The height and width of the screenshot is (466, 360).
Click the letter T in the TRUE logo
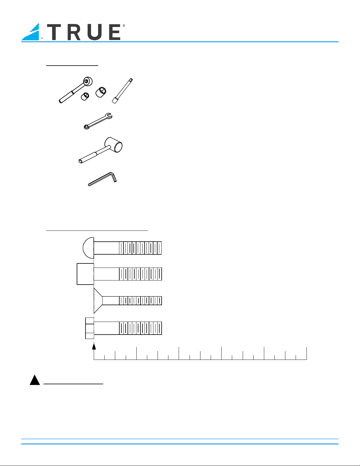click(54, 32)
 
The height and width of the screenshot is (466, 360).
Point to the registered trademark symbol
click(124, 26)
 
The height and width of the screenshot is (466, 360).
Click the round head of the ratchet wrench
click(88, 81)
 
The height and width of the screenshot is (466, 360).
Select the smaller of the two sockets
click(85, 96)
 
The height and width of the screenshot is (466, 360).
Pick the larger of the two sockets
click(101, 92)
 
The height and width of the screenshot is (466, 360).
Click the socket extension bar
click(122, 91)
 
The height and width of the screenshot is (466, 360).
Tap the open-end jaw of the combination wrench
click(109, 116)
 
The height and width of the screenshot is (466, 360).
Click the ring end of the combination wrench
click(86, 127)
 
